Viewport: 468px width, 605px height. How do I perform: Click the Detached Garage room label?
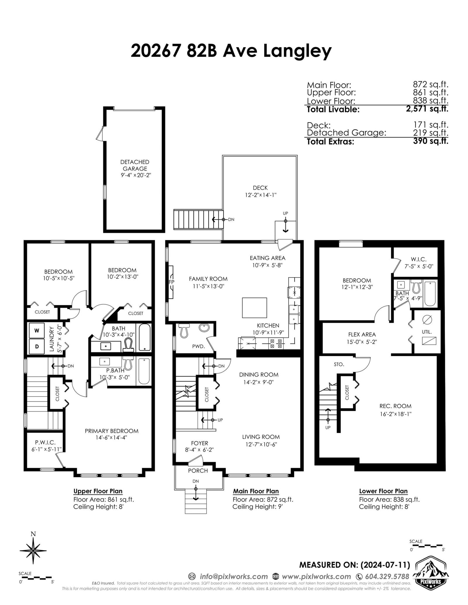click(135, 165)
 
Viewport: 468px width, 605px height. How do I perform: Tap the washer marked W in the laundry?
click(37, 330)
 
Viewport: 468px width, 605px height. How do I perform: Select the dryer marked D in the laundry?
click(37, 346)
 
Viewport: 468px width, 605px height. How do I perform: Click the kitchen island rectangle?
click(254, 307)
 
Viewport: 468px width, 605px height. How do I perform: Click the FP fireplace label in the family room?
click(171, 282)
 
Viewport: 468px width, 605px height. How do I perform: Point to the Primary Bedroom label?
click(111, 431)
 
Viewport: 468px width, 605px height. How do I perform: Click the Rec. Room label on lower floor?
click(395, 406)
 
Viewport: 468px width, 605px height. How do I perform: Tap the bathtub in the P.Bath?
click(144, 371)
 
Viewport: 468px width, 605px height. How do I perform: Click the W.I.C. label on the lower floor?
click(419, 259)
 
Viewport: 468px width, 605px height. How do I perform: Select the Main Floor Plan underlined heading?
click(256, 491)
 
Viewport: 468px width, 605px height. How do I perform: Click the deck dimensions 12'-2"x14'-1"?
click(261, 195)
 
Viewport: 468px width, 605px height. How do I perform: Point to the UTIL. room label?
click(427, 332)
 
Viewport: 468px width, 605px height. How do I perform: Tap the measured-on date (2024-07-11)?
click(385, 565)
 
